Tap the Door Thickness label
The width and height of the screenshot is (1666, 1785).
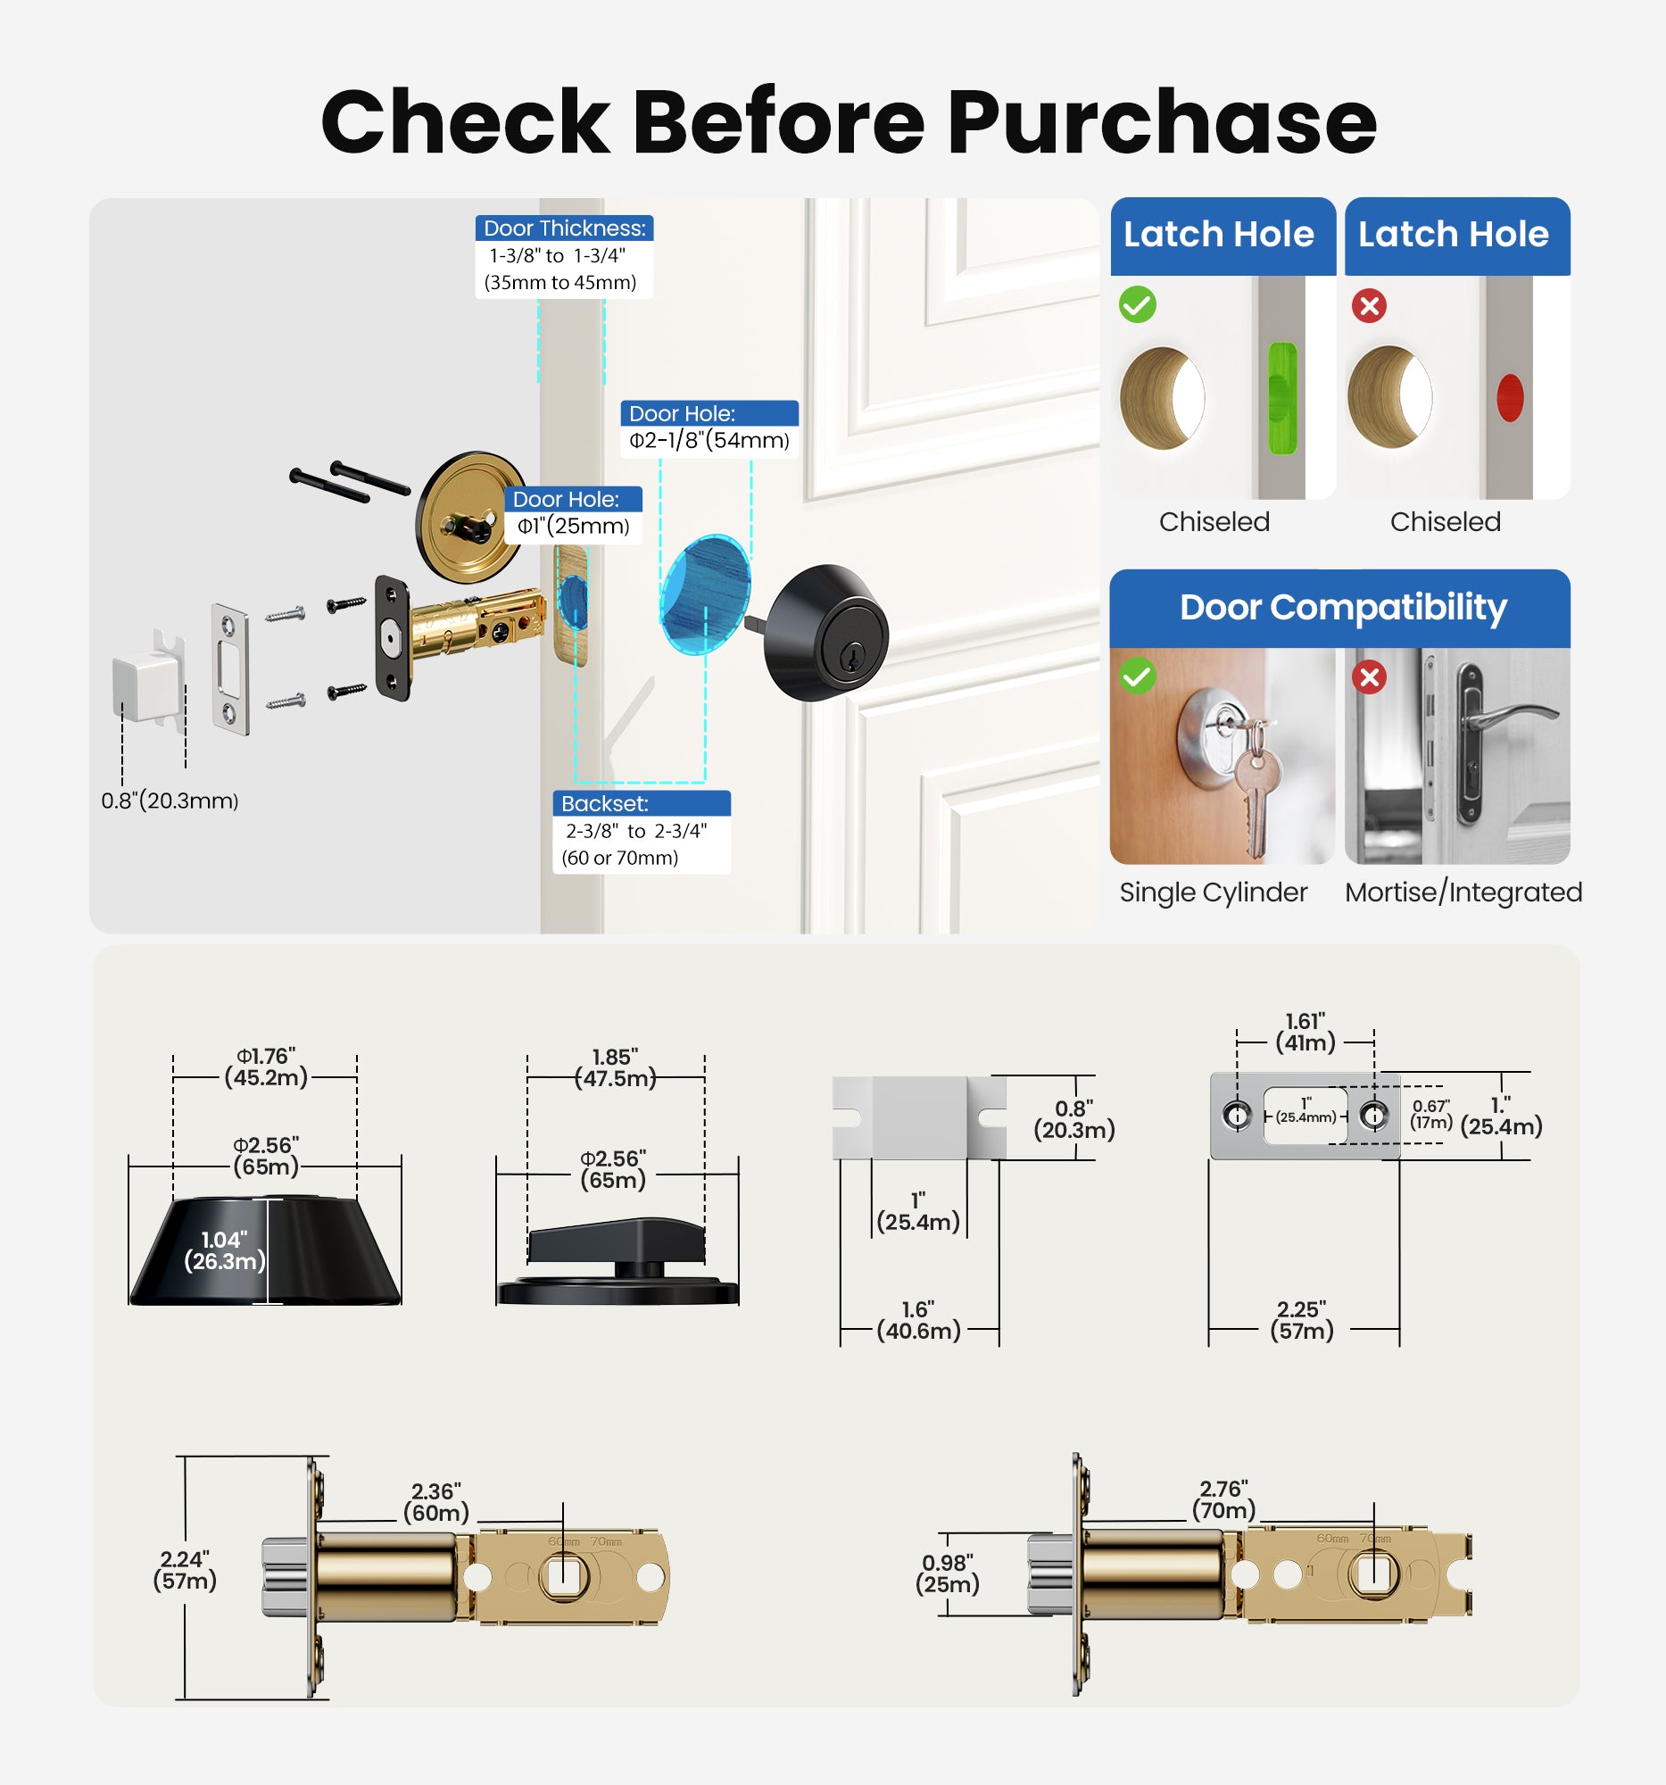point(564,228)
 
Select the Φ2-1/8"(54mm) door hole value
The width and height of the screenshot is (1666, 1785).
point(709,441)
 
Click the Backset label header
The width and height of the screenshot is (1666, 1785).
point(604,803)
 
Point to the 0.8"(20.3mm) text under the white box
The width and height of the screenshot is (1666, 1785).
point(170,801)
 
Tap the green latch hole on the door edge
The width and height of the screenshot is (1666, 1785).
point(1281,398)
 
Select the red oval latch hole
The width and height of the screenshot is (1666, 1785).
point(1510,398)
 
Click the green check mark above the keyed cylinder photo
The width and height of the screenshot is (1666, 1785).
point(1138,677)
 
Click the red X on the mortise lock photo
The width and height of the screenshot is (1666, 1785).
point(1369,677)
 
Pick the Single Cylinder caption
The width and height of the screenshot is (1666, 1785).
point(1213,892)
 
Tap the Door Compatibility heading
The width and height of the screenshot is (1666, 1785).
point(1342,608)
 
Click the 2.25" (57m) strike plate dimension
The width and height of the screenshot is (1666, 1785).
point(1302,1320)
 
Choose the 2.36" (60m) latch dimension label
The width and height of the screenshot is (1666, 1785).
point(436,1502)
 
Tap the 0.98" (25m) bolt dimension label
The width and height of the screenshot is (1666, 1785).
point(947,1574)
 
